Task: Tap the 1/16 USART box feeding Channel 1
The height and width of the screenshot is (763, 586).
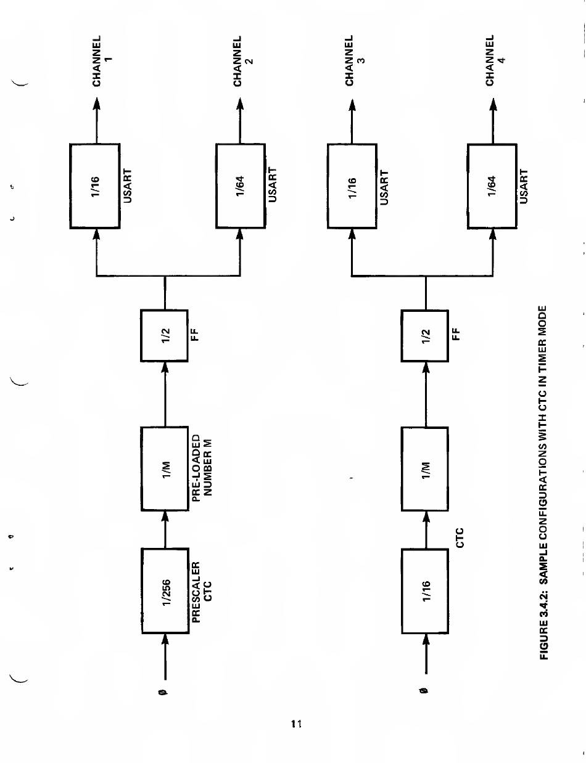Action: point(95,184)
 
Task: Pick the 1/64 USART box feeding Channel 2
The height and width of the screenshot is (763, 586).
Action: point(240,184)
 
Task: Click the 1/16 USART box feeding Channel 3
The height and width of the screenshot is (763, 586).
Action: point(352,184)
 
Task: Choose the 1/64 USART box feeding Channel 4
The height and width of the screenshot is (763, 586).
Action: point(492,184)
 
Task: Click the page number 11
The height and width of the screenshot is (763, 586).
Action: point(295,725)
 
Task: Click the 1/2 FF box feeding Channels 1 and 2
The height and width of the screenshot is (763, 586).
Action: point(165,336)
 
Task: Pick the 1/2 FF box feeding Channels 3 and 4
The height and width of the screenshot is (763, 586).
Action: point(424,336)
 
